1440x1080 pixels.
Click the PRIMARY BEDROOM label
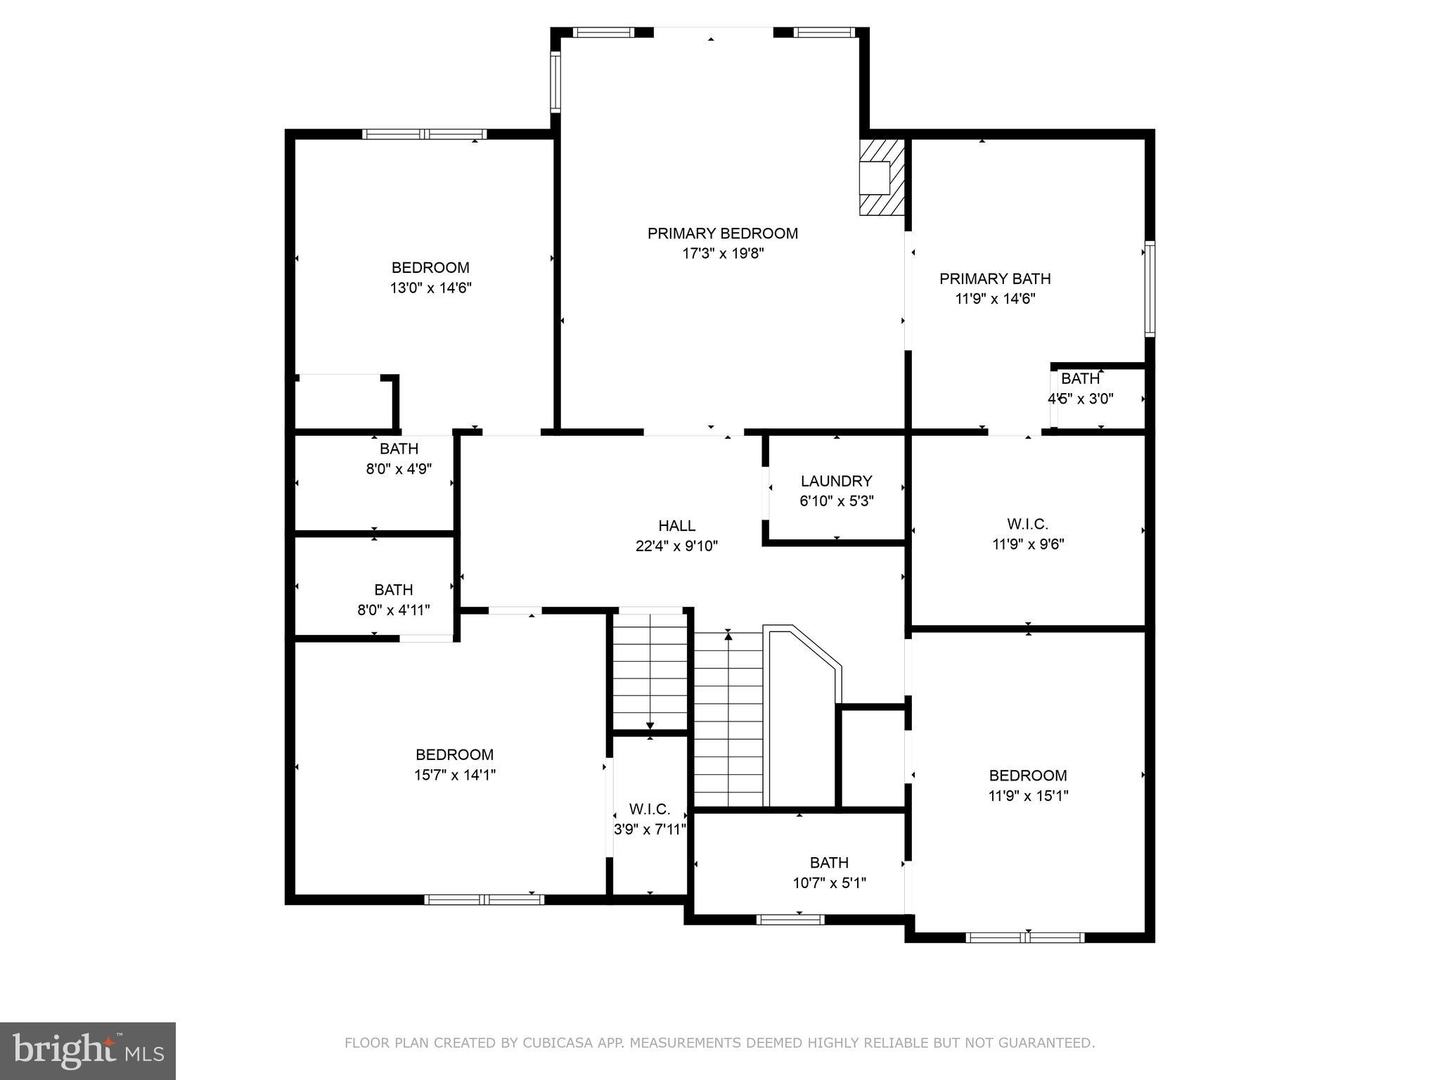722,233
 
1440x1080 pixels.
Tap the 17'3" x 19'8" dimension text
722,254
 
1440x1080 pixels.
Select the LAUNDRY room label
836,481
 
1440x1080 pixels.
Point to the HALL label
676,526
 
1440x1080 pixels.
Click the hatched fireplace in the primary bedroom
881,176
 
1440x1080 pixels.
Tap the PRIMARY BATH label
995,279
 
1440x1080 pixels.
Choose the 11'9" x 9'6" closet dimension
1027,544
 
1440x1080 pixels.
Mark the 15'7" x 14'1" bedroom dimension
454,776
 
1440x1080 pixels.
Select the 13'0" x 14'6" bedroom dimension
430,288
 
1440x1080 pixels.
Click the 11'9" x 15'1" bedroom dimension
1027,796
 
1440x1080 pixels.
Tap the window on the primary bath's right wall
1150,288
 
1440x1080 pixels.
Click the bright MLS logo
88,1050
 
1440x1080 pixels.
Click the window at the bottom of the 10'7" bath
790,919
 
